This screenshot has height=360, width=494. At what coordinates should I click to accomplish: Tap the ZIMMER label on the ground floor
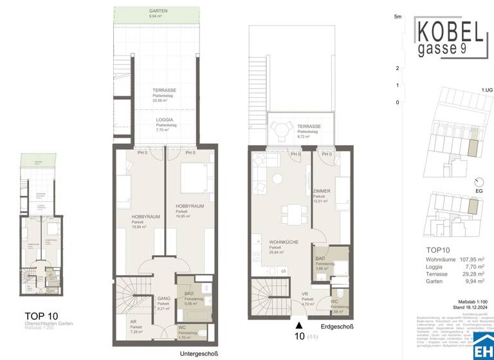point(322,191)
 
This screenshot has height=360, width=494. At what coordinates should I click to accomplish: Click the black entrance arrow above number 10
point(298,326)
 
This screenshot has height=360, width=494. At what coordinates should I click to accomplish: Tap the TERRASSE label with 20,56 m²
point(165,91)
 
